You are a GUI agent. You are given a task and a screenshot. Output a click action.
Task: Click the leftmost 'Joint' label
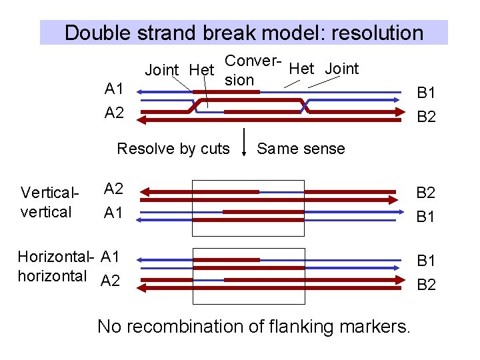click(161, 69)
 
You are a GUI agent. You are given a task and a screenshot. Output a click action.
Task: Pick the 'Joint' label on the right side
click(342, 68)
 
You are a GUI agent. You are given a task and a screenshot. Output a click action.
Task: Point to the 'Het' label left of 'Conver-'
click(201, 69)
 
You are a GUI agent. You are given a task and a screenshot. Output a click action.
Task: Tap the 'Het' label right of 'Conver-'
click(302, 68)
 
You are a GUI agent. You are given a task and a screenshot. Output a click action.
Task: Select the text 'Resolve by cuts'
click(173, 149)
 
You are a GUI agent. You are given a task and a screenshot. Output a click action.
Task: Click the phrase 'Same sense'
click(301, 149)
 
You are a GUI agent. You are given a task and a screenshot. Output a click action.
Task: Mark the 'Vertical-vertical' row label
click(49, 203)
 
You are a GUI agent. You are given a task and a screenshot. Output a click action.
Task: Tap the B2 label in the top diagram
click(426, 117)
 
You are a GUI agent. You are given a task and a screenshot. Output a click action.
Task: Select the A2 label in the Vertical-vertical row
click(113, 189)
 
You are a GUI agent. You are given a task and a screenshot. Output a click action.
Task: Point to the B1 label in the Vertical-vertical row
click(426, 217)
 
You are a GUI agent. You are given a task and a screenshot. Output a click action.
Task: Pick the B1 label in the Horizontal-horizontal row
click(426, 261)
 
